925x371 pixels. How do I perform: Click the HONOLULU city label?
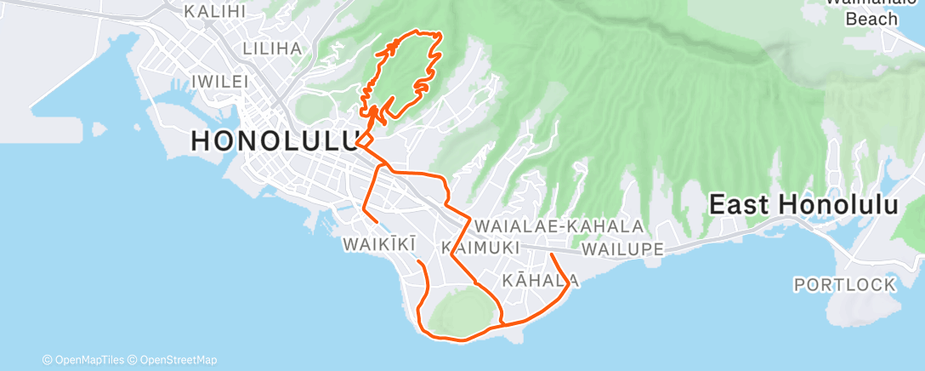274,140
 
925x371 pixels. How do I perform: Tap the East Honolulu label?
804,205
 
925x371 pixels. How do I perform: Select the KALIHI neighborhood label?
215,12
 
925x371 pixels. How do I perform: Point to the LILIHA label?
272,49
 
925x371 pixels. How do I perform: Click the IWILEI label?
219,82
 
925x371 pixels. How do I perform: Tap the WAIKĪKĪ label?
379,245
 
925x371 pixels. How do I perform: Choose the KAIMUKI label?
481,247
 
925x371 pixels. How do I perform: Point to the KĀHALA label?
542,280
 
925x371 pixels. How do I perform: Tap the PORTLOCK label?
844,283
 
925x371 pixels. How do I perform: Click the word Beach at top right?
871,19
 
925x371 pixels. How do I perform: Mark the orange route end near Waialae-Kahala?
552,254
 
